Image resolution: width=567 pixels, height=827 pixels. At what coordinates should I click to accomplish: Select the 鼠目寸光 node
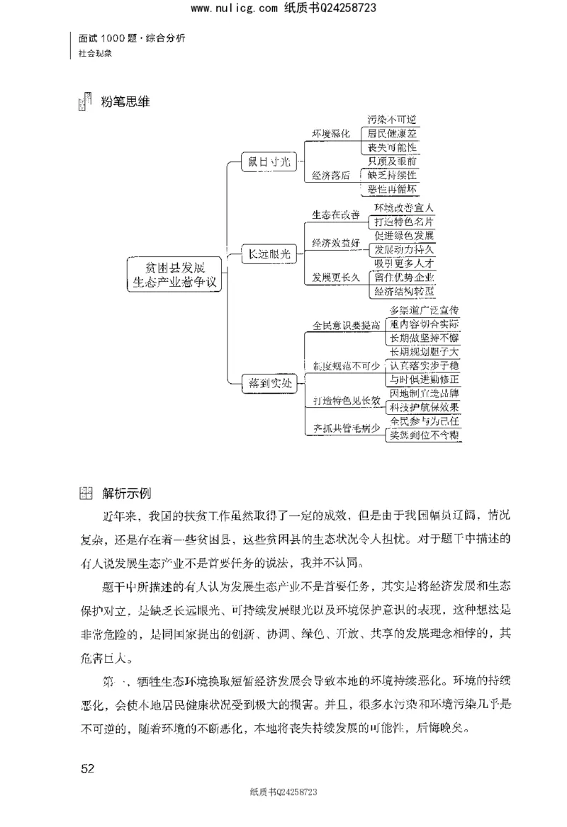[269, 161]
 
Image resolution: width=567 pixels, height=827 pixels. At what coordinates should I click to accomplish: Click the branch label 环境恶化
[331, 134]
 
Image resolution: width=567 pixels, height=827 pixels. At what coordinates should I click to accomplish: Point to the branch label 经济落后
[331, 175]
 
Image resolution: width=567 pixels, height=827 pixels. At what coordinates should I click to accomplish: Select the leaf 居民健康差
[391, 133]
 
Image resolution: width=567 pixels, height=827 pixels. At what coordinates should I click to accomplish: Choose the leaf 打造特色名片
[404, 222]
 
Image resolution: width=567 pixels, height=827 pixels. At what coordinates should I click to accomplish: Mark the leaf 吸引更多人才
[404, 263]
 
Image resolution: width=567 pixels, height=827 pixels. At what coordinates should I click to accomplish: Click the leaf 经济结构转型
[404, 291]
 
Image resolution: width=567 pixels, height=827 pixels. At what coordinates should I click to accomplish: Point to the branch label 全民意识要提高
[347, 325]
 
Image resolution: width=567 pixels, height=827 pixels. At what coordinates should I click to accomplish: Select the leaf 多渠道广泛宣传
[425, 311]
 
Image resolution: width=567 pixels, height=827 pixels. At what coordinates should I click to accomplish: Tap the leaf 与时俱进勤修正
[425, 380]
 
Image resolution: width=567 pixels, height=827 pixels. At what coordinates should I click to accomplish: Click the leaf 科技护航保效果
[425, 407]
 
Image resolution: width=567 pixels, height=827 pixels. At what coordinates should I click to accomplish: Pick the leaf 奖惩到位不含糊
[425, 435]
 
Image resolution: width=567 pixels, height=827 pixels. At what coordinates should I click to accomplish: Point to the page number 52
[88, 768]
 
